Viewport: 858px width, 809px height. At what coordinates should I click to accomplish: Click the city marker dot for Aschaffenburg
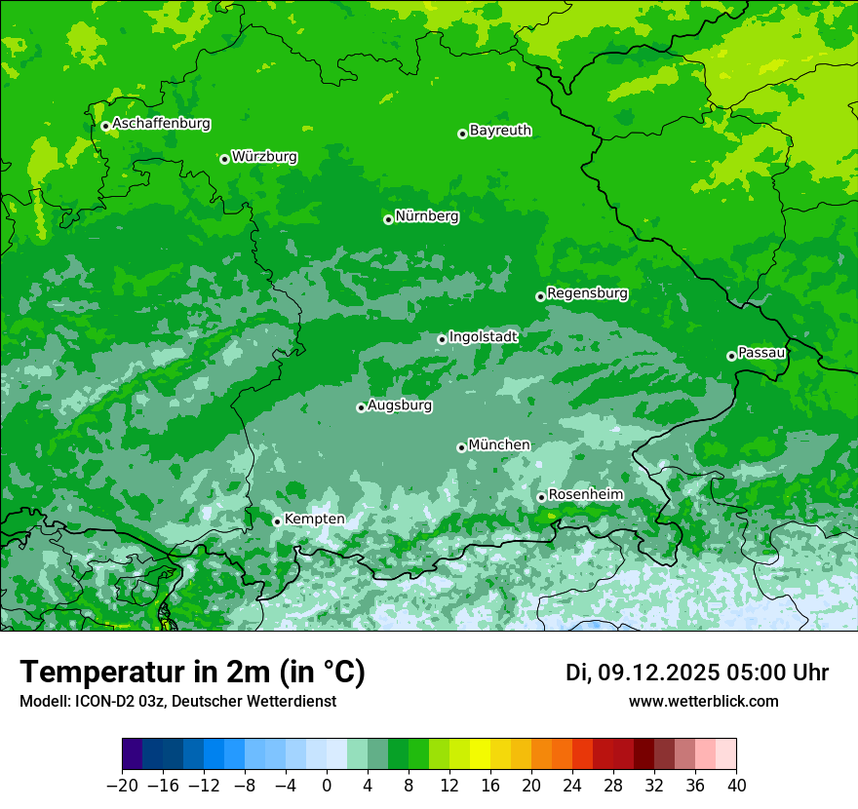coord(105,126)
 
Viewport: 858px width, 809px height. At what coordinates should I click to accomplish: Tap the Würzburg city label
coord(264,157)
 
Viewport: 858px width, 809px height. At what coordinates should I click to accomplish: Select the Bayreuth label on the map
coord(500,131)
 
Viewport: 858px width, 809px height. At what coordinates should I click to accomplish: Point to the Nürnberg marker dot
coord(388,219)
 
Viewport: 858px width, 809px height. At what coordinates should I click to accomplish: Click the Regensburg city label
coord(587,293)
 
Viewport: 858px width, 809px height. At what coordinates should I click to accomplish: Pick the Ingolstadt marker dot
coord(442,339)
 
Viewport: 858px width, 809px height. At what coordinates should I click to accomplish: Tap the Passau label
coord(761,353)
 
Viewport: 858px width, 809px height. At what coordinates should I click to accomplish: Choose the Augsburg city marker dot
coord(361,407)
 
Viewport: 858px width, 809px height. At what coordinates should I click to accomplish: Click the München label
coord(499,445)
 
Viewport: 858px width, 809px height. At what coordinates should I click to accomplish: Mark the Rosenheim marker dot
coord(541,497)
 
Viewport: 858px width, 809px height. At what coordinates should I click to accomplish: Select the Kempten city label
coord(314,520)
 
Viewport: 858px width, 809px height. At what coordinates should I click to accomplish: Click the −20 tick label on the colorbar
coord(122,786)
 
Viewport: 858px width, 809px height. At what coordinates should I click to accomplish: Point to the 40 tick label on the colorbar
coord(736,786)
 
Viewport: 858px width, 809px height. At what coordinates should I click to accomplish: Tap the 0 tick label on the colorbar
coord(327,786)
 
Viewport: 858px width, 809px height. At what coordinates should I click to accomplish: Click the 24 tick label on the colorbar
coord(572,786)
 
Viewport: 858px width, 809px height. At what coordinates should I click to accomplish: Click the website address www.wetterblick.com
coord(703,701)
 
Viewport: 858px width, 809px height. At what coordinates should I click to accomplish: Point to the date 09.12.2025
coord(658,673)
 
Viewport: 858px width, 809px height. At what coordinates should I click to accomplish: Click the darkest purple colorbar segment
coord(132,754)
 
